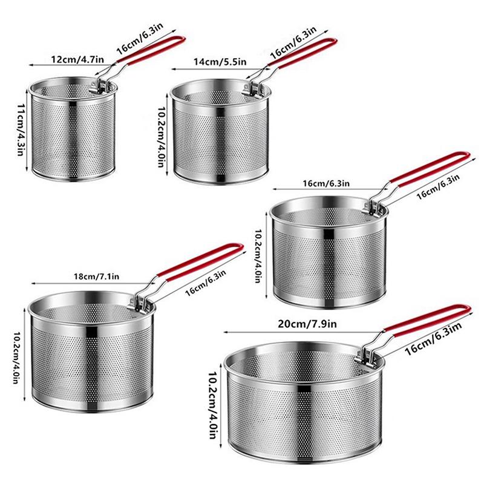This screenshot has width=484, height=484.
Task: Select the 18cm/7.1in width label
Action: point(88,276)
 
